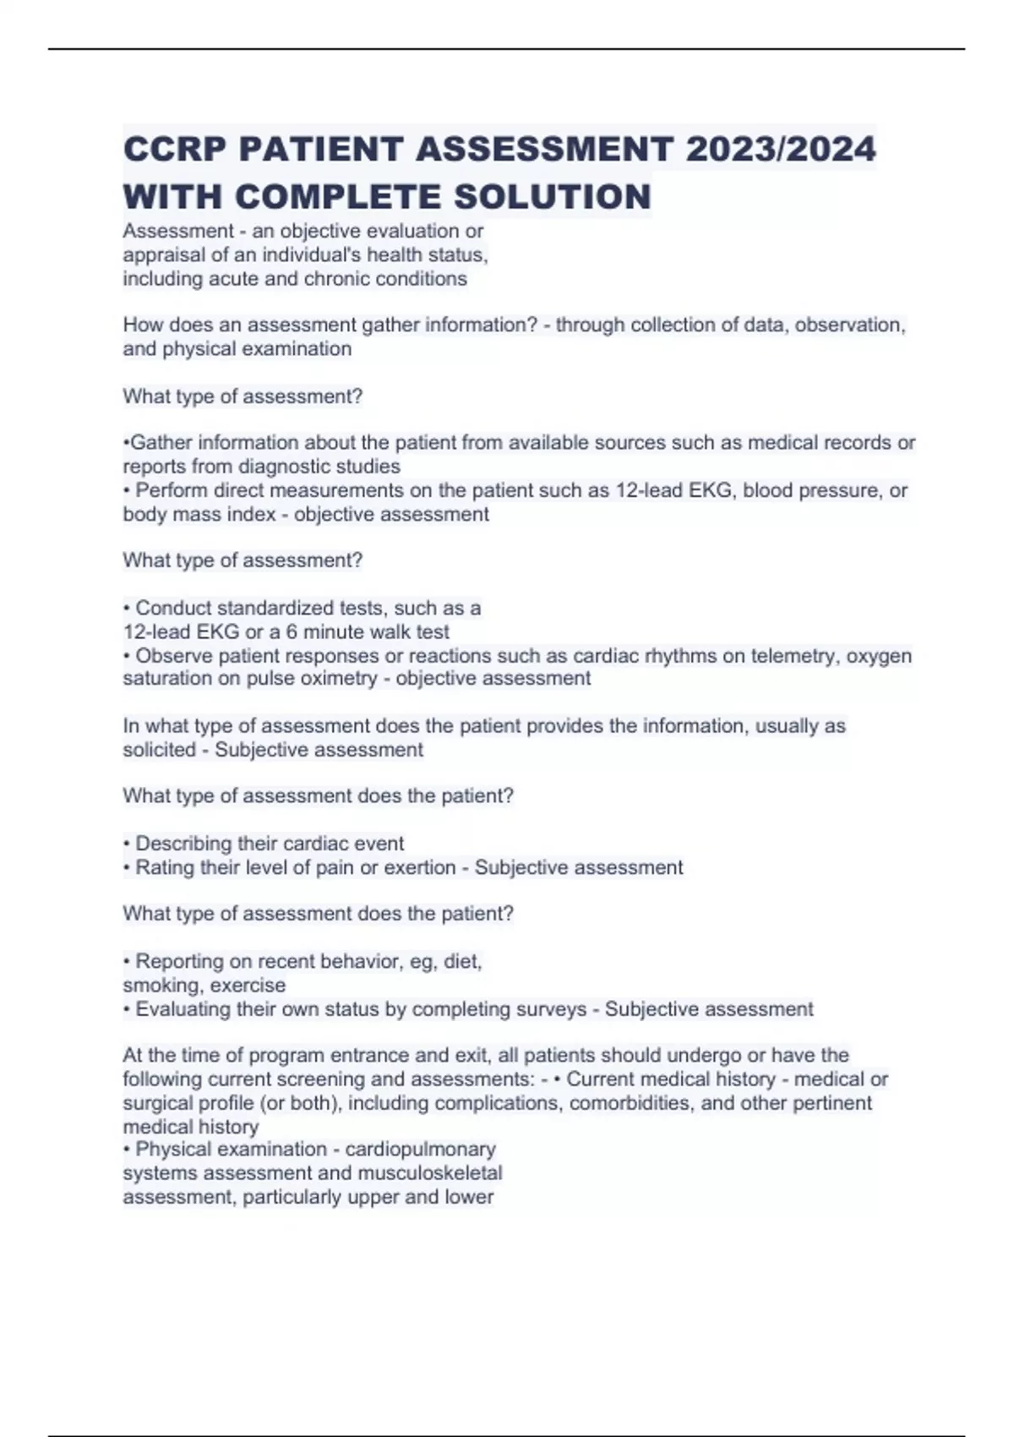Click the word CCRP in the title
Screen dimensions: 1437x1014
tap(173, 150)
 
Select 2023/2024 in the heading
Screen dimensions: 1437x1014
tap(781, 150)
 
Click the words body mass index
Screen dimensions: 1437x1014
tap(199, 514)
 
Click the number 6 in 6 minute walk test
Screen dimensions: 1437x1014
tap(292, 632)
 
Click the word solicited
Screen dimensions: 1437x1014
tap(159, 750)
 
